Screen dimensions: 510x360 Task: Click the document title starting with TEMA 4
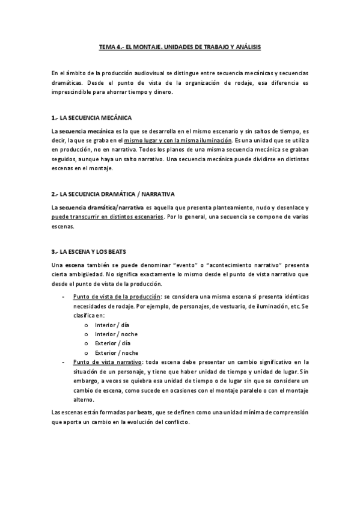[180, 46]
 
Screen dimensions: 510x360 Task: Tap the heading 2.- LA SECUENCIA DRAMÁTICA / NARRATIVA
[113, 194]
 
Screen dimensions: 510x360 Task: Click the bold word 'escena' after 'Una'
[75, 264]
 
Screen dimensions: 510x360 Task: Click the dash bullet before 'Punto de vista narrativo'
[64, 362]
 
